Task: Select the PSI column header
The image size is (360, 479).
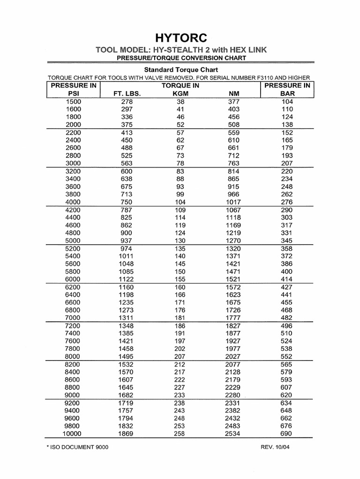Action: click(73, 93)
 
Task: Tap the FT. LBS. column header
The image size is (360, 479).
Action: click(127, 93)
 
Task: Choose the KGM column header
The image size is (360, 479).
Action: click(180, 93)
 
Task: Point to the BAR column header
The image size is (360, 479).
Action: click(287, 93)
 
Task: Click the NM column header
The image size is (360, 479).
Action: click(233, 93)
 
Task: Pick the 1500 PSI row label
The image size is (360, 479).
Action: click(73, 102)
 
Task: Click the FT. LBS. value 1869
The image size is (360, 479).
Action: click(126, 434)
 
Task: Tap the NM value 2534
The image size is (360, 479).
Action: click(233, 434)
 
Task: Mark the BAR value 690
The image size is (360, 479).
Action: click(286, 434)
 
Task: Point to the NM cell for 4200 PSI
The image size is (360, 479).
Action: click(233, 210)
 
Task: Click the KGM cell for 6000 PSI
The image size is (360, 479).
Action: click(180, 279)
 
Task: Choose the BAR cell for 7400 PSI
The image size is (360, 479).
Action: click(286, 333)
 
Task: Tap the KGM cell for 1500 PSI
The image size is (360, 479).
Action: click(180, 102)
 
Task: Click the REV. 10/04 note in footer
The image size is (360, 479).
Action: click(278, 447)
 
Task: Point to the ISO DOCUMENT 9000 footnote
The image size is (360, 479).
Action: click(78, 447)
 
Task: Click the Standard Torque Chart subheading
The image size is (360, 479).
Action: click(180, 69)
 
